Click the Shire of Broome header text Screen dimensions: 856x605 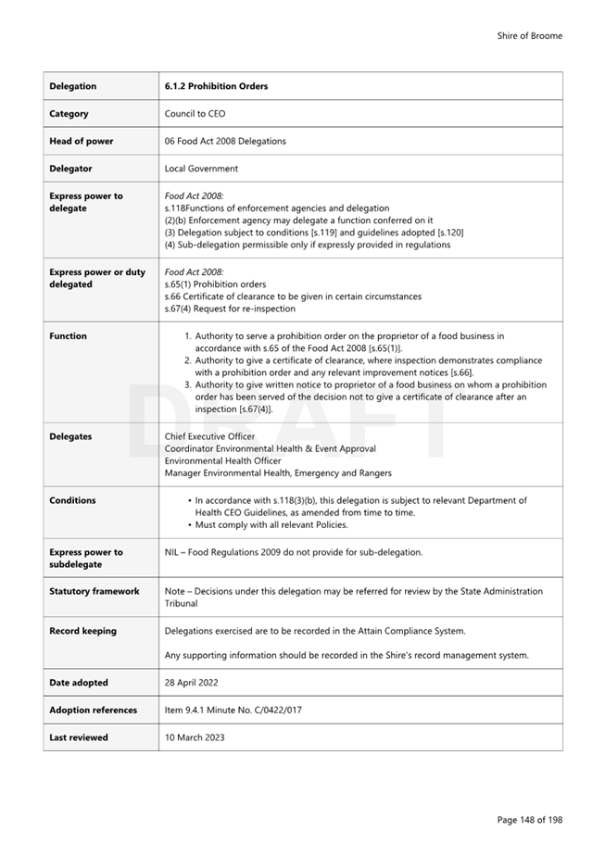529,36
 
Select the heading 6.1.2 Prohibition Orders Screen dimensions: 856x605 216,86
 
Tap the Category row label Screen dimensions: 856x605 69,114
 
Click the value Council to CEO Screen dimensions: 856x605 195,114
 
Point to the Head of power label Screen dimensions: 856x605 82,141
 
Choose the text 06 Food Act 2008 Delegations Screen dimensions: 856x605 225,141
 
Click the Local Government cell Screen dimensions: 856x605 201,169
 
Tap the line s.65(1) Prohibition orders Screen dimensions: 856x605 215,284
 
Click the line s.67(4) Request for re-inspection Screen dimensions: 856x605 230,308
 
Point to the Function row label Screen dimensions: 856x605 68,336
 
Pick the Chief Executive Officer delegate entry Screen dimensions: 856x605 209,436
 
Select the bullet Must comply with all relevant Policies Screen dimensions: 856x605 271,525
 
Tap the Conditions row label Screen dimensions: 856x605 72,500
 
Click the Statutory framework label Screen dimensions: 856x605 94,591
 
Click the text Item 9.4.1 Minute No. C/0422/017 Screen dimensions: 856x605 233,711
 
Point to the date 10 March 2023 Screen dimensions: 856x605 194,737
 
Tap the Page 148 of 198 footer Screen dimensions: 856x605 529,820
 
